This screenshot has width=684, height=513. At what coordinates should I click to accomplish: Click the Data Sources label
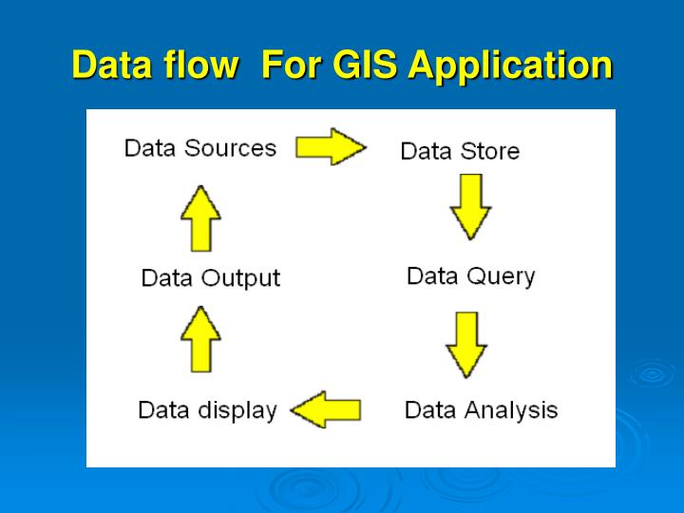tap(200, 148)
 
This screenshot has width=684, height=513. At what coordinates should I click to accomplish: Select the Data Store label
tap(460, 151)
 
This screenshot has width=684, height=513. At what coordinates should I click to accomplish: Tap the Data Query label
tap(470, 276)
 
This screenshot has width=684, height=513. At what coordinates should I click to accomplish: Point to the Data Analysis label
tap(481, 410)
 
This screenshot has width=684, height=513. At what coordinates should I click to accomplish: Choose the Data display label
tap(207, 410)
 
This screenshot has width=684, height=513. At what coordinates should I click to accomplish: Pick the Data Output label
tap(211, 278)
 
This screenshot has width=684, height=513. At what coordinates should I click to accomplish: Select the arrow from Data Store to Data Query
tap(470, 206)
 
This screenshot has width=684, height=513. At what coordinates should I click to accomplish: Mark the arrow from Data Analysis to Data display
tap(326, 410)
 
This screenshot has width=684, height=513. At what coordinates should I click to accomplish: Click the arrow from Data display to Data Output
tap(200, 338)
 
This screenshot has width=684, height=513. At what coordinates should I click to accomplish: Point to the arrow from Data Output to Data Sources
tap(200, 218)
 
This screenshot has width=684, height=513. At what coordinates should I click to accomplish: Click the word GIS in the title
tap(365, 66)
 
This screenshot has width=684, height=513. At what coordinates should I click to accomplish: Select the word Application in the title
tap(510, 66)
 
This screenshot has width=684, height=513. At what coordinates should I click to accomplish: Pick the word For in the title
tap(290, 66)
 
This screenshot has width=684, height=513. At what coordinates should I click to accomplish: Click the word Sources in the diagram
tap(231, 148)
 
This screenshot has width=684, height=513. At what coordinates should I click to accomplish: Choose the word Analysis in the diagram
tap(510, 410)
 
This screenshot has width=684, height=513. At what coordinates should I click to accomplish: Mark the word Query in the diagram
tap(502, 276)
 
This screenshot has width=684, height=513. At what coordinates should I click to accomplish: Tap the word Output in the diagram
tap(241, 278)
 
